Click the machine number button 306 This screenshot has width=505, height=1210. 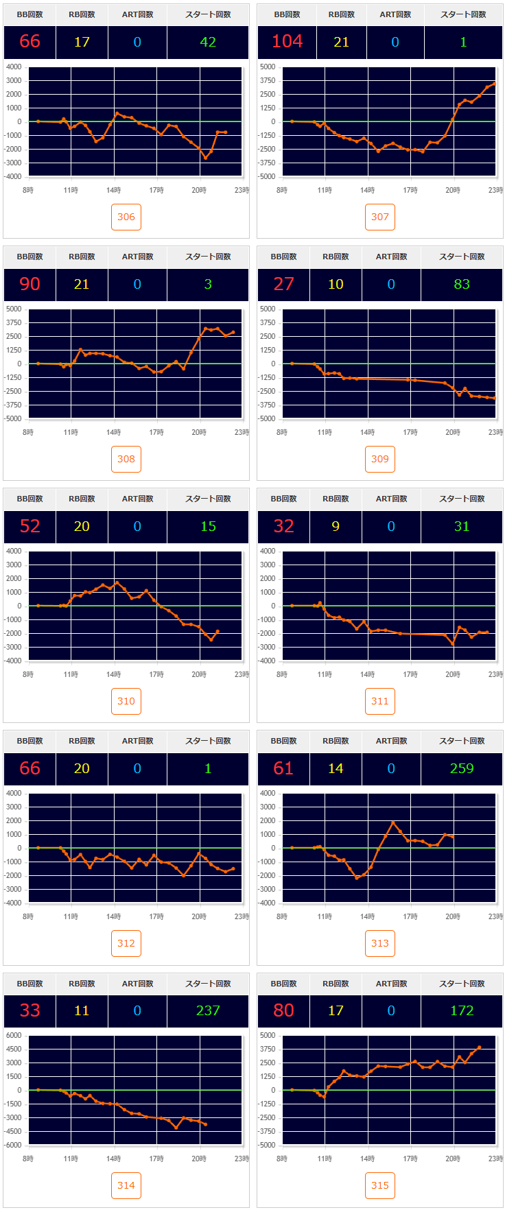pyautogui.click(x=126, y=217)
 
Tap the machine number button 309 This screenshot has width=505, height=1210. pyautogui.click(x=380, y=459)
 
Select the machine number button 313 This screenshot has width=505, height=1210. pyautogui.click(x=380, y=943)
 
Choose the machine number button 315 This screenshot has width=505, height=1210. pyautogui.click(x=380, y=1185)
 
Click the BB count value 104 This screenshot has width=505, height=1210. pyautogui.click(x=287, y=42)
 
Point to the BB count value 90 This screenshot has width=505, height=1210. pyautogui.click(x=30, y=284)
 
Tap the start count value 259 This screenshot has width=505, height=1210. pyautogui.click(x=462, y=768)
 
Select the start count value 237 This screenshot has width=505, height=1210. pyautogui.click(x=208, y=1010)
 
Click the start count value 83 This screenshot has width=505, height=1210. pyautogui.click(x=462, y=284)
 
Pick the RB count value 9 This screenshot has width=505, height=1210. pyautogui.click(x=336, y=526)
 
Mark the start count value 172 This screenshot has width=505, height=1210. pyautogui.click(x=462, y=1010)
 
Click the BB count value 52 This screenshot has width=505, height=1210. pyautogui.click(x=30, y=526)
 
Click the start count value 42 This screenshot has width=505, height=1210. pyautogui.click(x=208, y=42)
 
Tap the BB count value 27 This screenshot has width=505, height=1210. pyautogui.click(x=283, y=284)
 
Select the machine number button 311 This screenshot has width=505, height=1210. pyautogui.click(x=380, y=701)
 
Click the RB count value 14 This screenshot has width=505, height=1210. pyautogui.click(x=336, y=768)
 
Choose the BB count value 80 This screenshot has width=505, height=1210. pyautogui.click(x=283, y=1010)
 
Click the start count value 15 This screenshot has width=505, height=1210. pyautogui.click(x=208, y=526)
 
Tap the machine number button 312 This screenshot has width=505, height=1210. pyautogui.click(x=126, y=943)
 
